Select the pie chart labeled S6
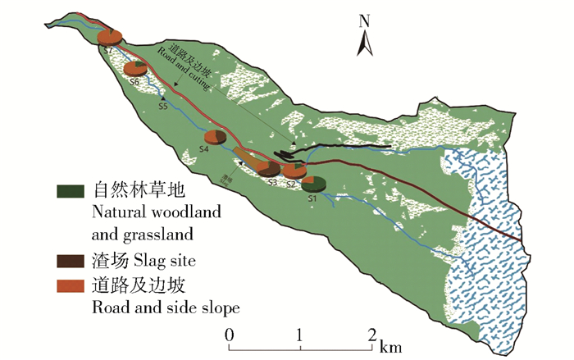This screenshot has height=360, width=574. pyautogui.click(x=136, y=69)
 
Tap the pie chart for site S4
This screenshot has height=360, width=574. pyautogui.click(x=216, y=137)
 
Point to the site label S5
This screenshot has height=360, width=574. pyautogui.click(x=163, y=107)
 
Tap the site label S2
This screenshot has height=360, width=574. pyautogui.click(x=291, y=185)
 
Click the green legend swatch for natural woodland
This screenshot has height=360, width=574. pyautogui.click(x=72, y=190)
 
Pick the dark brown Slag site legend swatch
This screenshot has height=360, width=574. pyautogui.click(x=72, y=261)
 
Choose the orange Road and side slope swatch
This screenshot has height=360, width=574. pyautogui.click(x=72, y=285)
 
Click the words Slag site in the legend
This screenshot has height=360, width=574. pyautogui.click(x=153, y=261)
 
